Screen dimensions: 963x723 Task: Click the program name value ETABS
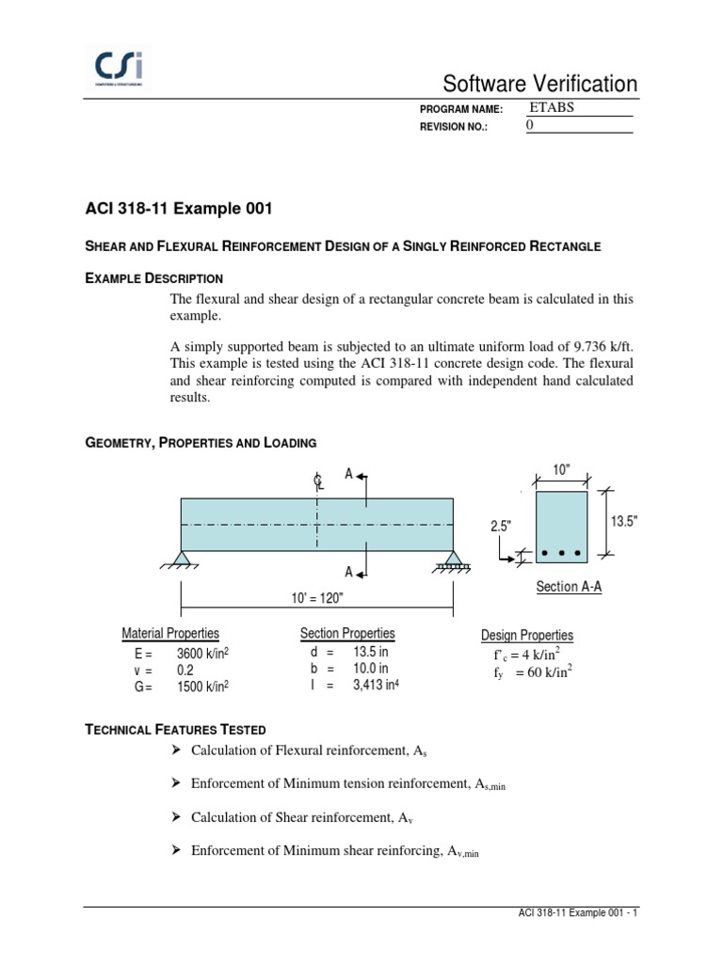point(552,107)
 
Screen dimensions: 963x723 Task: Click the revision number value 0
point(529,125)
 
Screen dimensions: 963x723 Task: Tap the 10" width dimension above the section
point(561,470)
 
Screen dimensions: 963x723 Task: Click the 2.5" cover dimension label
point(499,527)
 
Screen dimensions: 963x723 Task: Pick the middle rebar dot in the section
point(561,553)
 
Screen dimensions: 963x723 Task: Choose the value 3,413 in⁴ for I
point(377,686)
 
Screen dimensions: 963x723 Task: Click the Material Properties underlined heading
point(170,634)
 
